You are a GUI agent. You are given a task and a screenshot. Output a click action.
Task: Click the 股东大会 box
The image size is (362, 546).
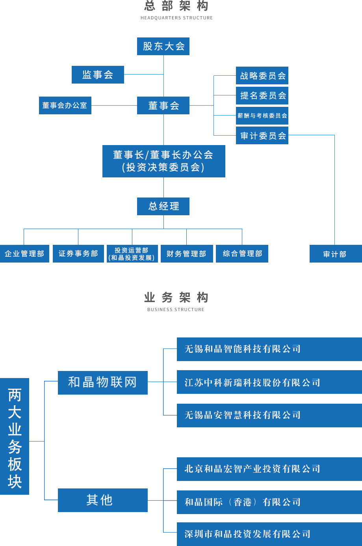pos(163,46)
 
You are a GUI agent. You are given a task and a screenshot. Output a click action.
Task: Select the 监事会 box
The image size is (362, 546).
pos(98,75)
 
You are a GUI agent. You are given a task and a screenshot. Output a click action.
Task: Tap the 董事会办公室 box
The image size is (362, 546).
pos(65,105)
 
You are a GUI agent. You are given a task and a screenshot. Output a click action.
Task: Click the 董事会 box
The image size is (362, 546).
pos(163,105)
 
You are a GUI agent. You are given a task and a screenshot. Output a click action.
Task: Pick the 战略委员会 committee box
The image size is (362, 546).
pos(262,75)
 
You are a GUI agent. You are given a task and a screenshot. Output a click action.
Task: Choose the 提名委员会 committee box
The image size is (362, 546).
pos(262,95)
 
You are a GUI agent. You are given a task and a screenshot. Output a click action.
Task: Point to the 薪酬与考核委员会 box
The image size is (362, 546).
pos(262,116)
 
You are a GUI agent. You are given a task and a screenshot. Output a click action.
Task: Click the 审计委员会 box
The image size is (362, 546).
pos(262,136)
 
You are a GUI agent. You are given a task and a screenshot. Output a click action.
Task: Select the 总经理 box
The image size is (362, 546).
pos(163,206)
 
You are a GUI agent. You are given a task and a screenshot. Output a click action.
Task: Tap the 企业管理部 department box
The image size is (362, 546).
pos(25,254)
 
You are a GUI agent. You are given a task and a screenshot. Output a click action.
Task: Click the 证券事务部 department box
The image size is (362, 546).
pos(78,254)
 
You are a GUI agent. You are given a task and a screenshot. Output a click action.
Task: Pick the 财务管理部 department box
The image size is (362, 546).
pos(187,254)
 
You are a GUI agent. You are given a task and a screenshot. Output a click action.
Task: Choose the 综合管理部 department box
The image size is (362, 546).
pos(242,254)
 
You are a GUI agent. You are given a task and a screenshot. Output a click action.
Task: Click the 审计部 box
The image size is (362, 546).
pos(335,254)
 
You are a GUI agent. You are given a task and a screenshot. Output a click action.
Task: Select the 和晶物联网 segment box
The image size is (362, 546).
pos(103,382)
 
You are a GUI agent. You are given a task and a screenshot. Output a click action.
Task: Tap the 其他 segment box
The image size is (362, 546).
pos(103,500)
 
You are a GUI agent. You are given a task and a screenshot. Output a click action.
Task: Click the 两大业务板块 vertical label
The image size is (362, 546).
pos(15,437)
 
